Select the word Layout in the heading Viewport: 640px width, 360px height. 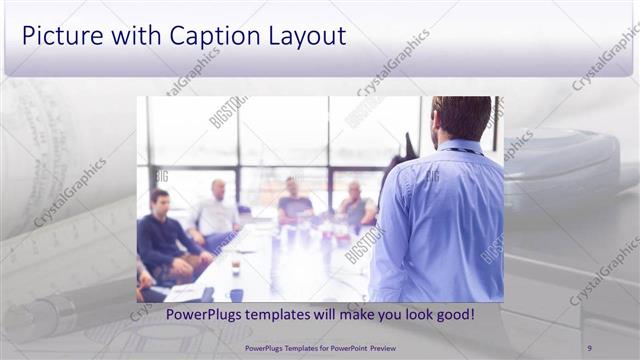tap(306, 36)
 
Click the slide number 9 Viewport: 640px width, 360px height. tap(589, 347)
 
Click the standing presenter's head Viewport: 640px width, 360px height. tap(461, 118)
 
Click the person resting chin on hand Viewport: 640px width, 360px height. tap(354, 205)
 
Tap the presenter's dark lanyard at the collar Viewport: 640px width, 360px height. tap(462, 151)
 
